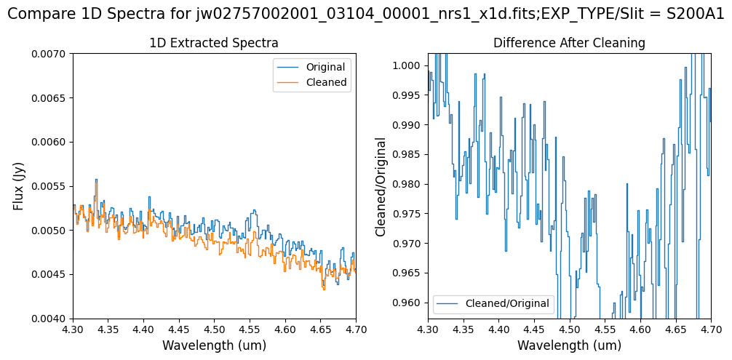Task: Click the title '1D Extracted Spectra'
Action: click(214, 43)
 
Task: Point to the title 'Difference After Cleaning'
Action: click(569, 43)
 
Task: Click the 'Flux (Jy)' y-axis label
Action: click(18, 186)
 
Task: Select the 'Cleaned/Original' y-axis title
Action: click(381, 186)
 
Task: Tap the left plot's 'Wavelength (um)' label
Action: click(214, 345)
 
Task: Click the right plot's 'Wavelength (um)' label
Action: click(569, 345)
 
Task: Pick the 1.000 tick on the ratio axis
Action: click(407, 65)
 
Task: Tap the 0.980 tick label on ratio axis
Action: click(407, 184)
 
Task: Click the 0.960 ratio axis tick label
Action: click(407, 303)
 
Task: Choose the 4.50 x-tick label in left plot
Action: click(214, 329)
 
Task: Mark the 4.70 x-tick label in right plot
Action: click(710, 329)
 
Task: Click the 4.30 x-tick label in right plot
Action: click(428, 329)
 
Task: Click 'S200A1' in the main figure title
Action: click(695, 15)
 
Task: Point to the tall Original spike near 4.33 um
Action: click(96, 180)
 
